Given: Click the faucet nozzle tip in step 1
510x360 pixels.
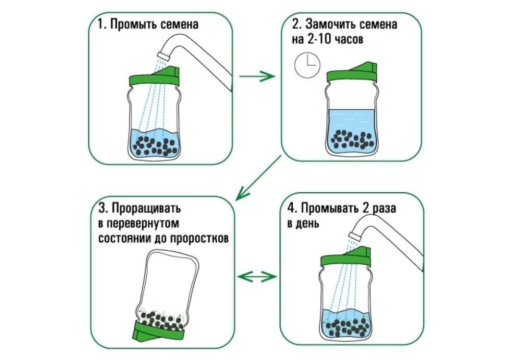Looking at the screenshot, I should (x=164, y=53).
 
